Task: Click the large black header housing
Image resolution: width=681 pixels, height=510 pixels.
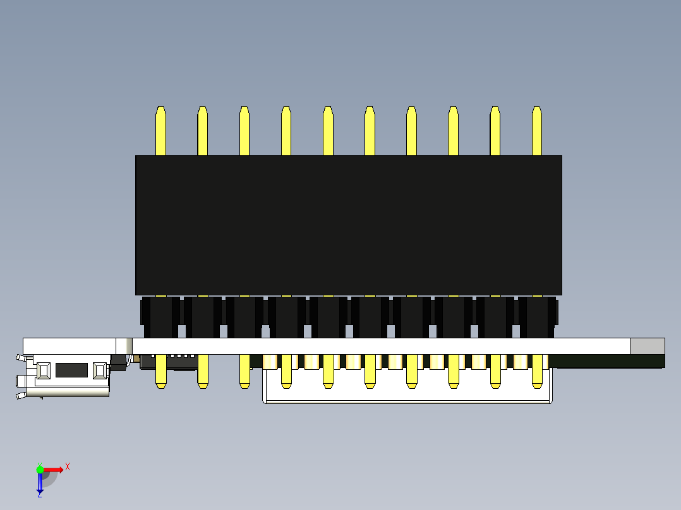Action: [348, 225]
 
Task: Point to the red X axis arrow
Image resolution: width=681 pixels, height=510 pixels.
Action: [54, 470]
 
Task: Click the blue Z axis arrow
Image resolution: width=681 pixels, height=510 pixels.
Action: [40, 483]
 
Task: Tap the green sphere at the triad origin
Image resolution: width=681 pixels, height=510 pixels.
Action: [40, 470]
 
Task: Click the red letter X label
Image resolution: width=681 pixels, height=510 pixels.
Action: [68, 466]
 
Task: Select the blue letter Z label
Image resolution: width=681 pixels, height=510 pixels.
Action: [39, 495]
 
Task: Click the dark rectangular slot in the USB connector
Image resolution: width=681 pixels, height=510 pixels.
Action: [71, 370]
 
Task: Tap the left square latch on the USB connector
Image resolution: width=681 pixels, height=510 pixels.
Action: [44, 371]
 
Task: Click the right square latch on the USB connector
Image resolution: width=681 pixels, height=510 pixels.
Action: [100, 371]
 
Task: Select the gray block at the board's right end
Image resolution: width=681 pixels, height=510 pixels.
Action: [647, 346]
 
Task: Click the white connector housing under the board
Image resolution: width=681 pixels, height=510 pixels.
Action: [407, 394]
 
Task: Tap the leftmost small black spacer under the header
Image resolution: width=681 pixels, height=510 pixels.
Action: [160, 317]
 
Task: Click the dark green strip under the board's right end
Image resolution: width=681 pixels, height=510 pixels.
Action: [606, 360]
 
